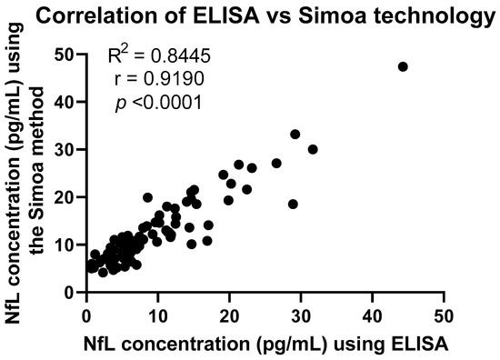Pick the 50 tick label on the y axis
click(63, 55)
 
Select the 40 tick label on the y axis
click(63, 102)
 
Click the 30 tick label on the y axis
click(63, 149)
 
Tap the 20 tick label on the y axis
click(63, 197)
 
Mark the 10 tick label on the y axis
click(63, 245)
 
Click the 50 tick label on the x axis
click(443, 314)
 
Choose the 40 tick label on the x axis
click(371, 314)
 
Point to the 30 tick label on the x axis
click(300, 314)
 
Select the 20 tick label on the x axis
click(228, 314)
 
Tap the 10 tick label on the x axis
click(157, 314)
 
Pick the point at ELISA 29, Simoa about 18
click(293, 204)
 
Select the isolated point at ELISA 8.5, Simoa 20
click(147, 197)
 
